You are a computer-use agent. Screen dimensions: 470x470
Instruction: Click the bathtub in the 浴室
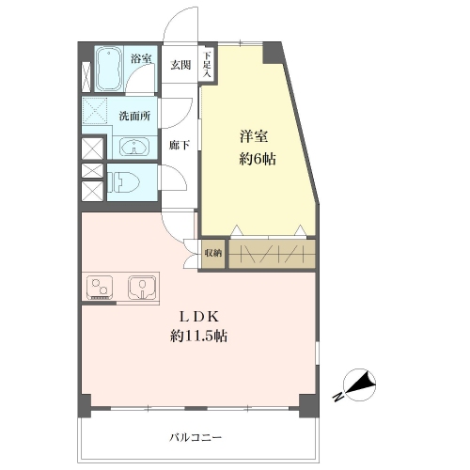[109, 70]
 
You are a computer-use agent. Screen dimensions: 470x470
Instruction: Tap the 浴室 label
[141, 58]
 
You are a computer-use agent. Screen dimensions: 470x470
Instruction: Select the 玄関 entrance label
[180, 65]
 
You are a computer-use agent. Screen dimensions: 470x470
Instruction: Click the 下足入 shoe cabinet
[207, 64]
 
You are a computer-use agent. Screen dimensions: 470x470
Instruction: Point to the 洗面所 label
[134, 116]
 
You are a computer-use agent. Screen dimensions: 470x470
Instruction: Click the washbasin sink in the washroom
[134, 147]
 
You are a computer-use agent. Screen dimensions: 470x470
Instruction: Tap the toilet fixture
[122, 182]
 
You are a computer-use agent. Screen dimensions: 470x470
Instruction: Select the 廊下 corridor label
[179, 145]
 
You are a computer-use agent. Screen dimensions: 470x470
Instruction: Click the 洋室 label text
[254, 136]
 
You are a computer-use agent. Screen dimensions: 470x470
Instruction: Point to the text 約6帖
[258, 160]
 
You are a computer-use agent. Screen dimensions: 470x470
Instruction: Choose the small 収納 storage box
[213, 254]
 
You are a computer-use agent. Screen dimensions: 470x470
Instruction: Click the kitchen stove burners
[100, 288]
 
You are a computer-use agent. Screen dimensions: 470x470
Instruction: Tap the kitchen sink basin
[142, 288]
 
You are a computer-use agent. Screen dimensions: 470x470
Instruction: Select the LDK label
[199, 317]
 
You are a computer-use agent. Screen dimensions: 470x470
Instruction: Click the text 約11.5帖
[199, 337]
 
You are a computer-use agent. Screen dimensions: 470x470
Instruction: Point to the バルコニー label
[196, 437]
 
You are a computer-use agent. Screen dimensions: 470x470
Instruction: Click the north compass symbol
[359, 384]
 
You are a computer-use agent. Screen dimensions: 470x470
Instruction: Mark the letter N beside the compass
[337, 397]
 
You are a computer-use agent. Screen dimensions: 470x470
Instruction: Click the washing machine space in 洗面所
[95, 110]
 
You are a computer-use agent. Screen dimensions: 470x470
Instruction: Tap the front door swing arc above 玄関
[176, 16]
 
